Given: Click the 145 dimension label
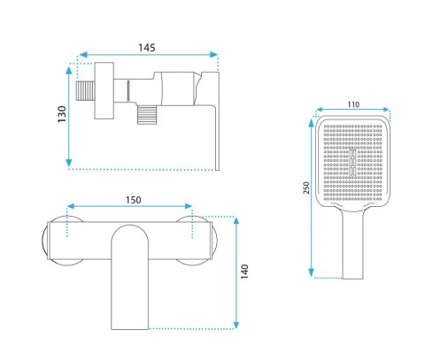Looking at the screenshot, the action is click(x=147, y=48).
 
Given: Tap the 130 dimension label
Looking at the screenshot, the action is click(x=62, y=114).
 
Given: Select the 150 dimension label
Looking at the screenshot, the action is click(x=134, y=200).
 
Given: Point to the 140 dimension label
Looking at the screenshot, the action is click(x=244, y=272).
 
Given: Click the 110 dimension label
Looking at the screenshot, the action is click(x=353, y=104).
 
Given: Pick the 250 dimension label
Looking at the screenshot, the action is click(x=306, y=188).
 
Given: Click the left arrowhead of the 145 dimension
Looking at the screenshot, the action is click(x=83, y=55).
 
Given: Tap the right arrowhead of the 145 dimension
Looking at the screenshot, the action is click(x=213, y=55).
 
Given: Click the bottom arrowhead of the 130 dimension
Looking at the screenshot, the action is click(x=69, y=163).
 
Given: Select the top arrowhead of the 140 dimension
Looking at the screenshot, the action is click(x=236, y=221).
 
